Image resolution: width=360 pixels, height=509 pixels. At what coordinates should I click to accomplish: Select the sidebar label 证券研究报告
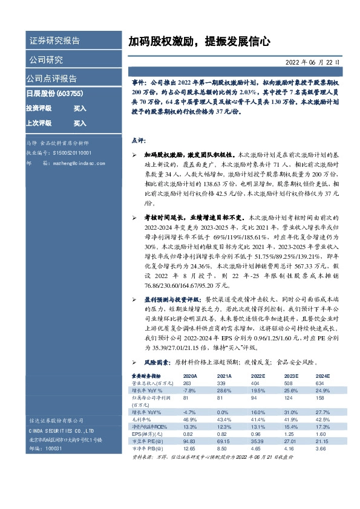[x=54, y=41]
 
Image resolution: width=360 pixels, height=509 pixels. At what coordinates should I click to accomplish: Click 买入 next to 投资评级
[x=80, y=108]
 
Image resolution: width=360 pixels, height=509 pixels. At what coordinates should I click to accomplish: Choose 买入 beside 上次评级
[x=80, y=123]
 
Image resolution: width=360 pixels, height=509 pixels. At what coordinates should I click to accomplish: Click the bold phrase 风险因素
[x=157, y=361]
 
